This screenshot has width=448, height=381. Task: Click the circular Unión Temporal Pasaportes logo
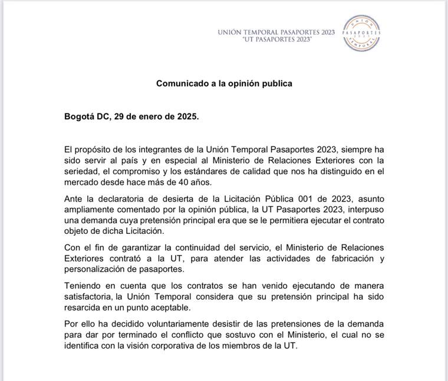(x=361, y=33)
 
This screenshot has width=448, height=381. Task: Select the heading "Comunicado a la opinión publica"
(x=224, y=83)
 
